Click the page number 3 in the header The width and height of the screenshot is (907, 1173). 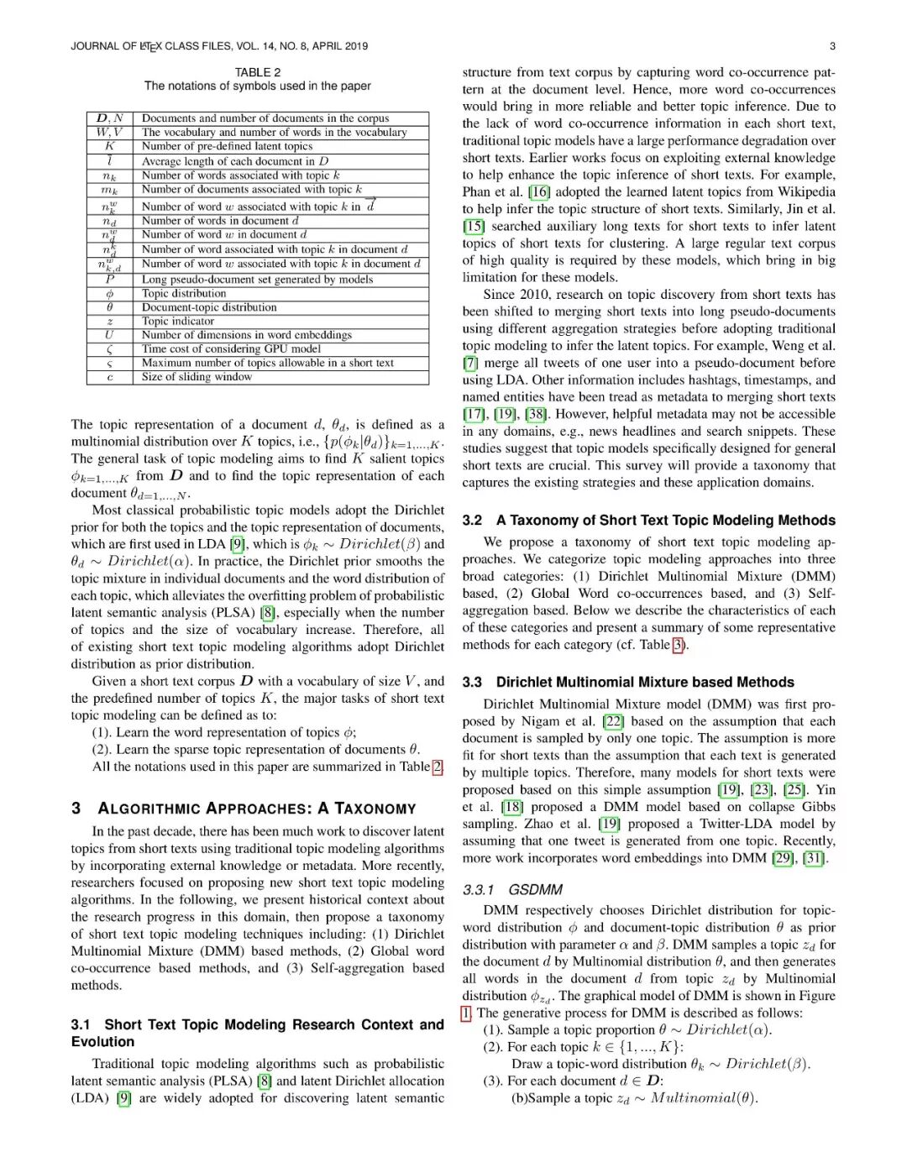pos(831,46)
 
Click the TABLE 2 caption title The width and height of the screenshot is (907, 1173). pos(258,72)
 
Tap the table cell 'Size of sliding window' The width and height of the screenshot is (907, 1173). pos(197,377)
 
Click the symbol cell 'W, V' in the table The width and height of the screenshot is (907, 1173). pos(109,132)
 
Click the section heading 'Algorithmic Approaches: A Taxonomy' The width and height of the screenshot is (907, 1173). pos(256,809)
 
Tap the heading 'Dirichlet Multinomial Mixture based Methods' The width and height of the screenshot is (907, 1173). pos(644,683)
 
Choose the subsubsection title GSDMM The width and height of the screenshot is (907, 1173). pos(535,890)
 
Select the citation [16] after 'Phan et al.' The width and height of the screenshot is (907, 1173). pos(538,191)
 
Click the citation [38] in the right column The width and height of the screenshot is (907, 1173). pos(535,414)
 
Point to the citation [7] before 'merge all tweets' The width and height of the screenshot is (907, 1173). pos(470,363)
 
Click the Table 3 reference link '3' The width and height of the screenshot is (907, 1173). pos(679,645)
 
